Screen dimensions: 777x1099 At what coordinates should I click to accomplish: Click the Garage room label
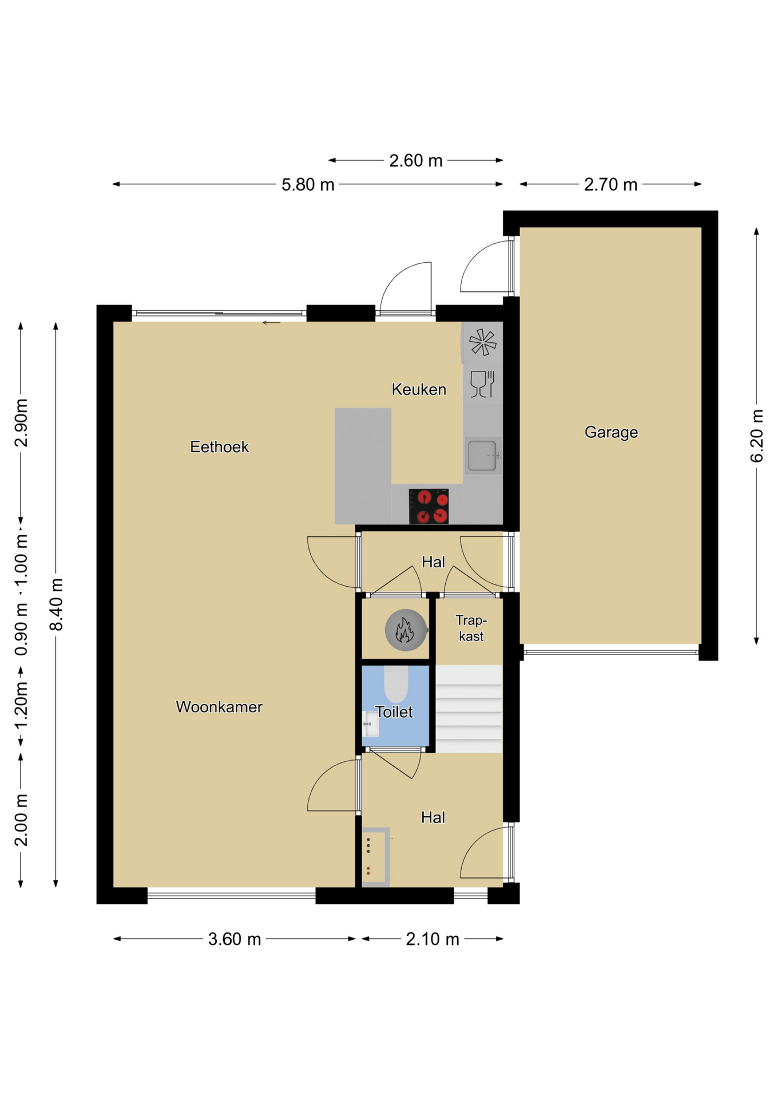[611, 433]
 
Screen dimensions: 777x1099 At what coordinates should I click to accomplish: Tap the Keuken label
[419, 389]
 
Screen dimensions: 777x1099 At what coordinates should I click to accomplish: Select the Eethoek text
[219, 446]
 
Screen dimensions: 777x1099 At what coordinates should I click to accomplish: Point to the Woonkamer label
[219, 707]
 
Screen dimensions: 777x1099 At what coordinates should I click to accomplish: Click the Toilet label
[394, 712]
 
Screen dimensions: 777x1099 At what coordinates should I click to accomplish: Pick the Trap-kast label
[471, 628]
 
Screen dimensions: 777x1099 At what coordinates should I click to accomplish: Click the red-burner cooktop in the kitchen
[429, 506]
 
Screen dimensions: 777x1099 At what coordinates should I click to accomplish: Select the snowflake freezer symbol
[482, 342]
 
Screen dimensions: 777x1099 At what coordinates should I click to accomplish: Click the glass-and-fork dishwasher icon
[482, 384]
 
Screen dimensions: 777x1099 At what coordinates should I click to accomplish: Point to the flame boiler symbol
[405, 630]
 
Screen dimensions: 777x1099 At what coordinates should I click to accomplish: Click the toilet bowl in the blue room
[395, 683]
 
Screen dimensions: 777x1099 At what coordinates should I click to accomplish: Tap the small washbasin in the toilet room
[371, 724]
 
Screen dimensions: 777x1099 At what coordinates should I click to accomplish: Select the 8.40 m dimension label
[56, 604]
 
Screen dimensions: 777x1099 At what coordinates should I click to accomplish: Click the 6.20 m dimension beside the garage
[756, 436]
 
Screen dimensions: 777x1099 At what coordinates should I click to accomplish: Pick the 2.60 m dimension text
[416, 161]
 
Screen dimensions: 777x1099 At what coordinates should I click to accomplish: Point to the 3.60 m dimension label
[235, 939]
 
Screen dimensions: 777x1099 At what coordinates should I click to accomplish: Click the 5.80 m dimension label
[308, 185]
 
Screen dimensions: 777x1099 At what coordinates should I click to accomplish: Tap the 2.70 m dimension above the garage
[610, 185]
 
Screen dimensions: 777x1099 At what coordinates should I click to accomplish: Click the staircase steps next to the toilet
[469, 709]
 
